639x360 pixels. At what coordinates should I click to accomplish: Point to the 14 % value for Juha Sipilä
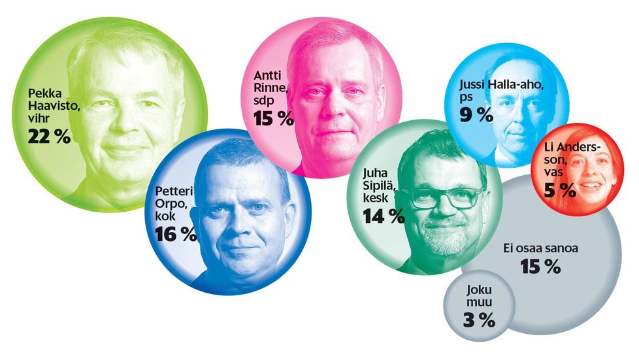[384, 216]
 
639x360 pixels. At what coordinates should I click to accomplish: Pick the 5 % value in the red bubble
[559, 190]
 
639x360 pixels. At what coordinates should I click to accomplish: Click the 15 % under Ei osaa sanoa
[541, 267]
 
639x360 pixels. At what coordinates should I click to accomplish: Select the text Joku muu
[478, 296]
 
